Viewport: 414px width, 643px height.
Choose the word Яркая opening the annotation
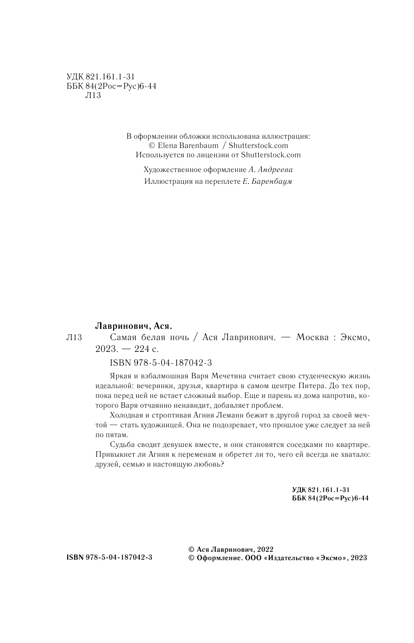tap(117, 376)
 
